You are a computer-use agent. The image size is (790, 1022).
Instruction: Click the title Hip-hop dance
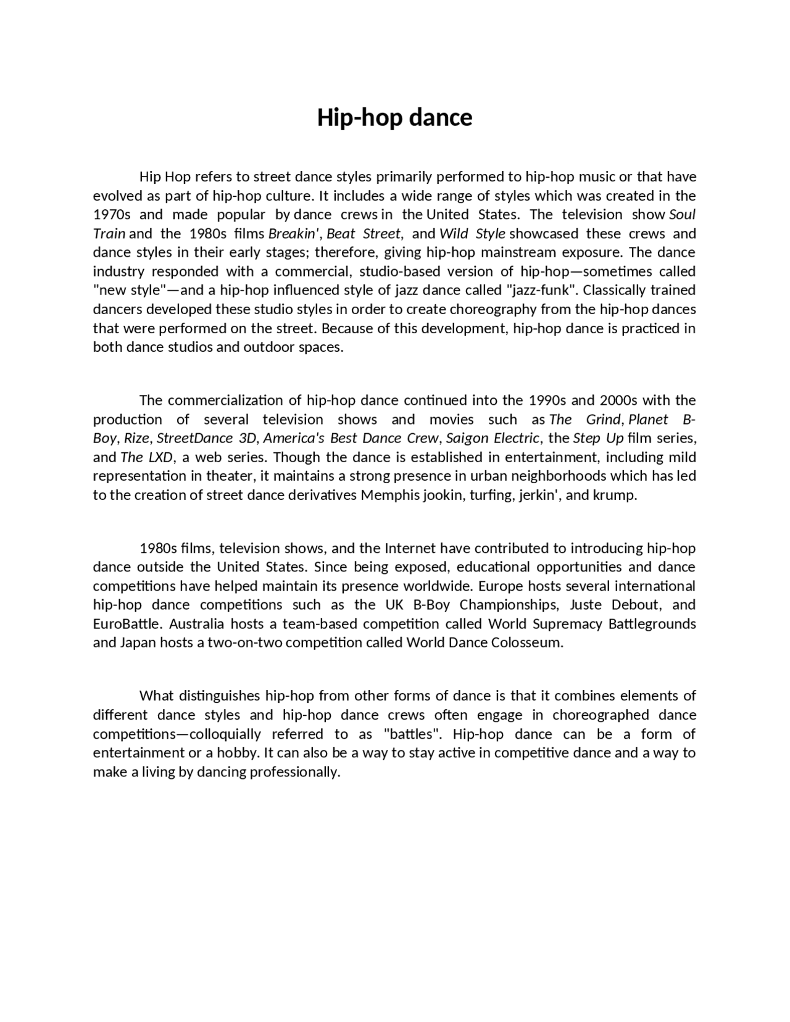click(x=394, y=117)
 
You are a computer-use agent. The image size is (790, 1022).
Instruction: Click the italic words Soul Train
click(x=682, y=215)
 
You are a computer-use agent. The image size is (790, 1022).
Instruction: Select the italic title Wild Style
click(x=472, y=234)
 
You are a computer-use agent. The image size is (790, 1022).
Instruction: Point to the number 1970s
click(x=112, y=215)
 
